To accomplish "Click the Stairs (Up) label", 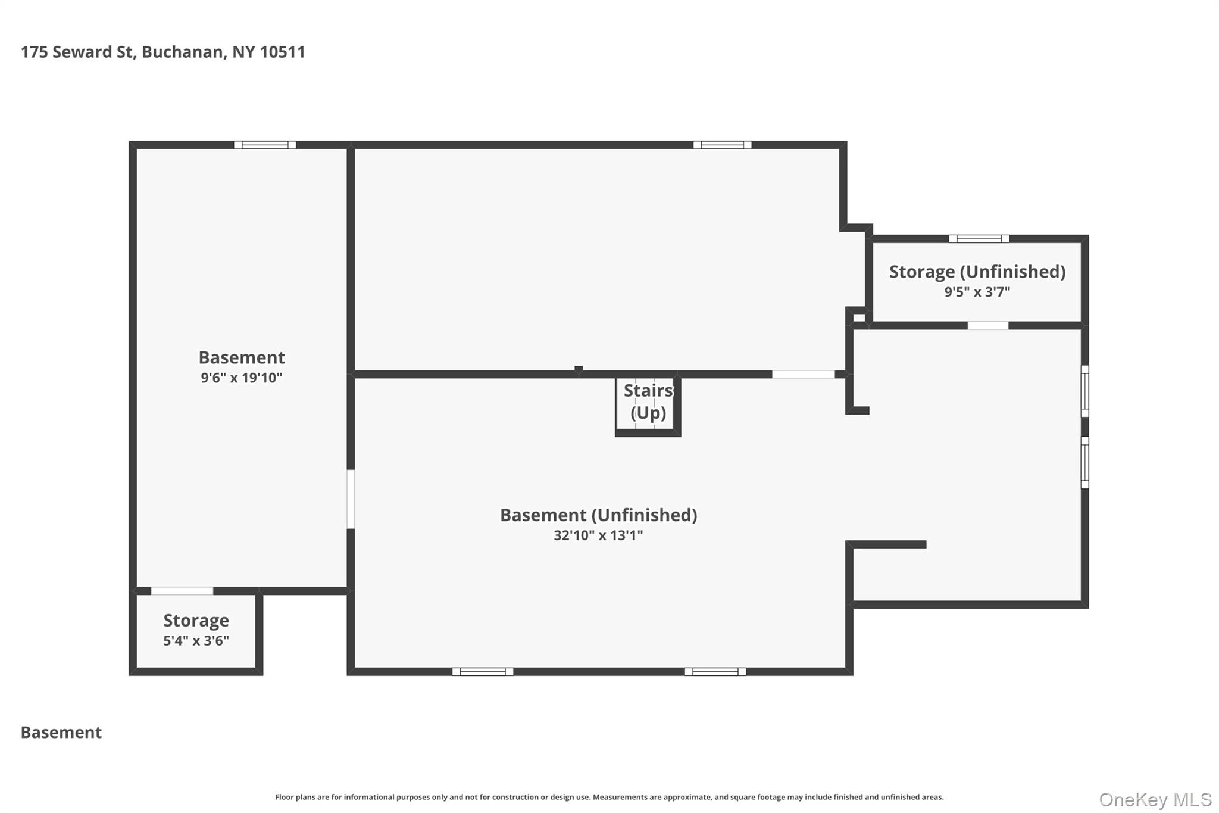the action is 648,401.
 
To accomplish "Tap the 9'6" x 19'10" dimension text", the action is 241,378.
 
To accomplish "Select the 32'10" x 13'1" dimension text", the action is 598,535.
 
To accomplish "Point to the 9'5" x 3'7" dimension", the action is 977,292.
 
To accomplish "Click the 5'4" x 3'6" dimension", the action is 196,641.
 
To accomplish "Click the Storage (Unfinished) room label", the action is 977,272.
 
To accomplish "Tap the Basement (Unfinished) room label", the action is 598,515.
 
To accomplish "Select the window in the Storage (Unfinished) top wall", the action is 979,239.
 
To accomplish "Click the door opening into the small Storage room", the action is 182,591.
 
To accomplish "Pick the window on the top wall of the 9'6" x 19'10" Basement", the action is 265,145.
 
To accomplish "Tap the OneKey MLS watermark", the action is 1155,799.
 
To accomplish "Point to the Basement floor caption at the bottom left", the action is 61,733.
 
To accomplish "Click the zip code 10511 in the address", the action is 283,52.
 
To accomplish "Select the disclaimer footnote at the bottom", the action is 609,797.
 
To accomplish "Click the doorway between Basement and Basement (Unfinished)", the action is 351,499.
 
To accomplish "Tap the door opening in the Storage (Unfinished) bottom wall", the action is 987,326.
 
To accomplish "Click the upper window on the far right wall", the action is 1084,391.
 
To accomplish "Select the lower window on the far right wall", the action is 1084,463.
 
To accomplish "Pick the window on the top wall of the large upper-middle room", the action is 722,145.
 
